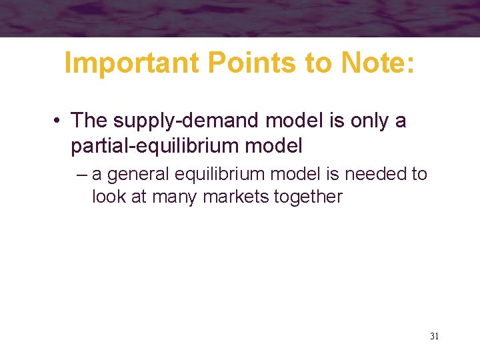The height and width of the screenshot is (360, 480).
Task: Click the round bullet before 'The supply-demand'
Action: pos(58,121)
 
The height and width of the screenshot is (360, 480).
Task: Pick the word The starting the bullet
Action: pos(89,121)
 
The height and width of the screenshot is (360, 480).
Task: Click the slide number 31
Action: pos(434,336)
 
